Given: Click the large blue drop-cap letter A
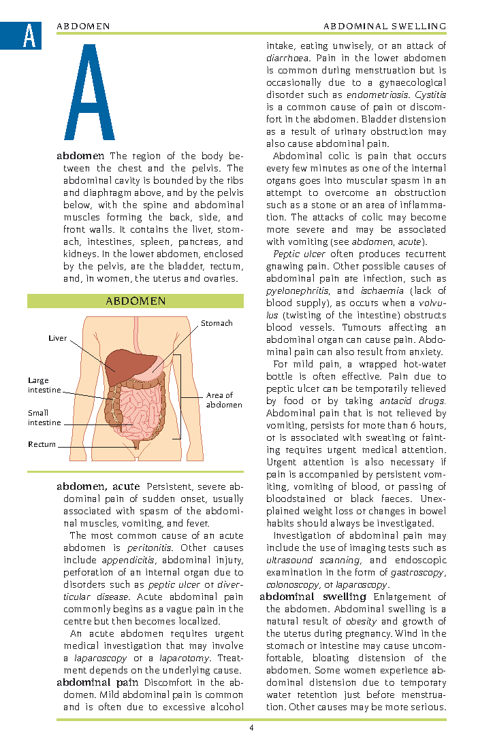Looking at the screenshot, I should pyautogui.click(x=89, y=93).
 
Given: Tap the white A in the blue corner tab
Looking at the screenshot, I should pyautogui.click(x=29, y=36).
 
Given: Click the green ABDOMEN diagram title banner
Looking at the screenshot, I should pyautogui.click(x=136, y=301).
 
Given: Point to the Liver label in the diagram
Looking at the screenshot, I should pyautogui.click(x=58, y=338).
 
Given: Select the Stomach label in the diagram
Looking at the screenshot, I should pyautogui.click(x=217, y=323).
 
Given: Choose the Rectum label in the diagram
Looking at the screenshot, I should pyautogui.click(x=42, y=444).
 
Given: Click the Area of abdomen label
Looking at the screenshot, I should pyautogui.click(x=223, y=400).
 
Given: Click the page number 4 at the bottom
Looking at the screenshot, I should pyautogui.click(x=251, y=729).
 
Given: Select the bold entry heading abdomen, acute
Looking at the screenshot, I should pyautogui.click(x=98, y=486).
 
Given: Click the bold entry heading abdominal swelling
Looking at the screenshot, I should pyautogui.click(x=313, y=597).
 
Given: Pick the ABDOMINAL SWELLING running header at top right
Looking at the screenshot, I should pyautogui.click(x=385, y=26).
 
